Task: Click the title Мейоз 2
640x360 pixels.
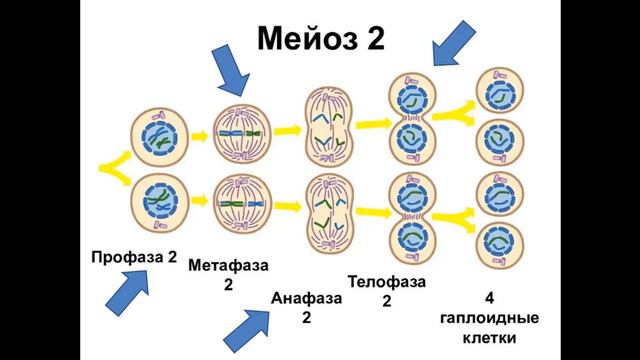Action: [x=320, y=38]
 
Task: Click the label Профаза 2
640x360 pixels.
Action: [x=133, y=257]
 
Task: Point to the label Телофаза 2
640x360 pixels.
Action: [x=387, y=291]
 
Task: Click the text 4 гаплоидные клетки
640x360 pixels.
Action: [x=489, y=319]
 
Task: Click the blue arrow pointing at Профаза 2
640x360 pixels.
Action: [x=126, y=294]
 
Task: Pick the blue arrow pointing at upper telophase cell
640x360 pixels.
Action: [x=455, y=39]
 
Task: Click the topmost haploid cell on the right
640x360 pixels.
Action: [x=498, y=93]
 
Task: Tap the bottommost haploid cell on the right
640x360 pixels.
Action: [x=498, y=244]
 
